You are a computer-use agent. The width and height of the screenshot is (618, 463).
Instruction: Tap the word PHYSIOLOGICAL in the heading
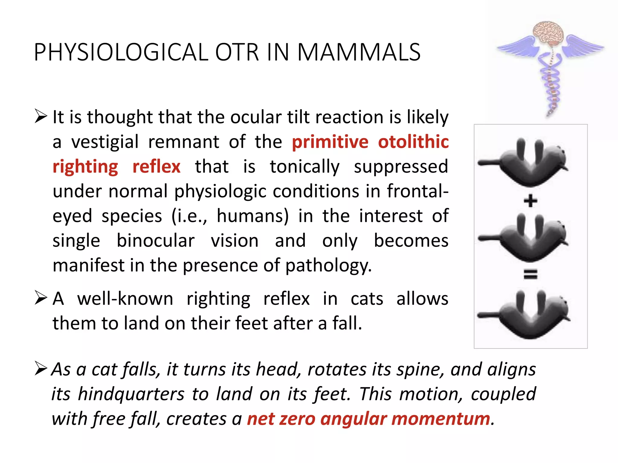(x=121, y=52)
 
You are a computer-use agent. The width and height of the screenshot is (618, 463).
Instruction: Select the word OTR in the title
(x=237, y=52)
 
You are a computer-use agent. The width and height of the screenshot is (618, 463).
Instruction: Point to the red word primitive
(x=330, y=142)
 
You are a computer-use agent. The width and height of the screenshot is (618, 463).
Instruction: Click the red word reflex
(x=156, y=166)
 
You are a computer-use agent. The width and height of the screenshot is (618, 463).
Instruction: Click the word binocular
(x=156, y=241)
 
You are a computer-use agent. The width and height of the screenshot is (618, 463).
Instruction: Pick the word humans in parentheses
(x=253, y=216)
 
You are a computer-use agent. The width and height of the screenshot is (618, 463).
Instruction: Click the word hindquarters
(x=131, y=394)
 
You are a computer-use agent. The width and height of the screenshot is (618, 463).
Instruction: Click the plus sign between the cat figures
(x=530, y=201)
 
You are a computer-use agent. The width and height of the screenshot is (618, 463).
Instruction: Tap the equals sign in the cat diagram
(x=530, y=274)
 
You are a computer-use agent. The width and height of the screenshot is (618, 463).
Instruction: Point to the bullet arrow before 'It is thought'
(x=41, y=116)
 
